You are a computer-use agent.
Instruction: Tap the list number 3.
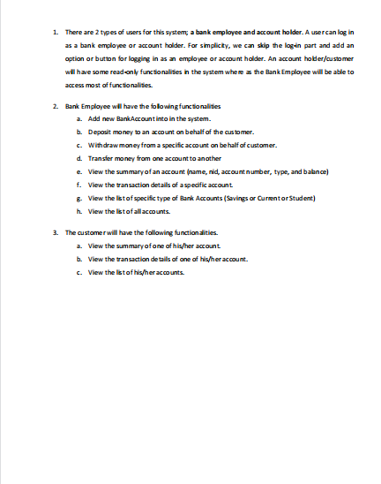pyautogui.click(x=55, y=232)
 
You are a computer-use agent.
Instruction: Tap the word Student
pyautogui.click(x=301, y=198)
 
